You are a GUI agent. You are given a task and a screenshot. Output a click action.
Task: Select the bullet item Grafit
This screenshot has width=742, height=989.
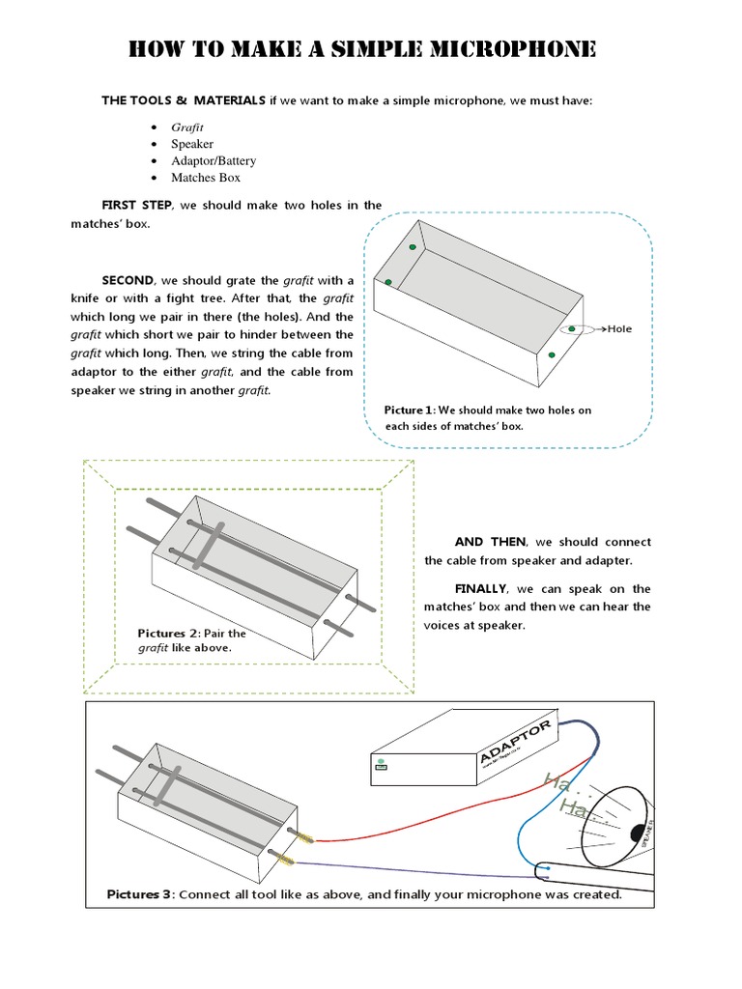(x=187, y=127)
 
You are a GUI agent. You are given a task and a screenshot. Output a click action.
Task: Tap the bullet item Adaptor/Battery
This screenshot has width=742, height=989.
(x=214, y=160)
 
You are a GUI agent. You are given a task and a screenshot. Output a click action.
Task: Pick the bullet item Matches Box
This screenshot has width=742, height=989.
(x=206, y=178)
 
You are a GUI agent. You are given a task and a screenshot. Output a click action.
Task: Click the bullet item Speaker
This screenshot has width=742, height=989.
(x=192, y=144)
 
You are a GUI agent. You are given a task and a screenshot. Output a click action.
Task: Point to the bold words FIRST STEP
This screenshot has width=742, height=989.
(x=135, y=206)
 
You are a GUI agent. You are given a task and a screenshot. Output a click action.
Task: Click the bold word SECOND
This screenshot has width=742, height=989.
(x=128, y=280)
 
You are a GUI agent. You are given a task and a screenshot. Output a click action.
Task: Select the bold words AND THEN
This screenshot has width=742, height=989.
(x=490, y=542)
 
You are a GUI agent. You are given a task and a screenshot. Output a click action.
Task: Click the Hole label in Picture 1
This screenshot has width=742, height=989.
(x=619, y=329)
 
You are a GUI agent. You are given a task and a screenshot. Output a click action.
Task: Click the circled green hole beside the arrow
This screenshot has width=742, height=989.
(x=571, y=329)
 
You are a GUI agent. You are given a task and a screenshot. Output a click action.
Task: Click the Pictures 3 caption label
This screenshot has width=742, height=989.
(x=140, y=894)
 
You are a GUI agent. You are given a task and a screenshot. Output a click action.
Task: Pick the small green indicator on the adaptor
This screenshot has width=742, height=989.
(x=381, y=764)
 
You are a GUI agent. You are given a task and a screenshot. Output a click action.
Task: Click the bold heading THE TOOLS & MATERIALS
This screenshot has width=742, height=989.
(x=184, y=101)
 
